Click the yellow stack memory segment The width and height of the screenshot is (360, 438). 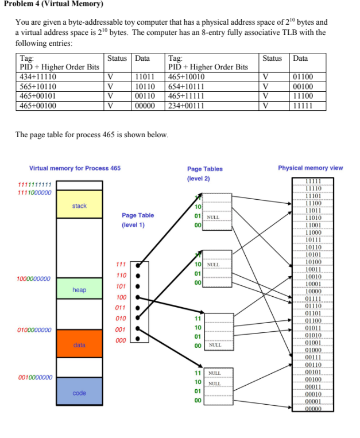pos(79,206)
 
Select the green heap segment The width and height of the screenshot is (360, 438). pos(79,289)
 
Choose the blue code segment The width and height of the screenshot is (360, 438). pos(79,393)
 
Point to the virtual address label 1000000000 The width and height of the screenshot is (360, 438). pos(33,278)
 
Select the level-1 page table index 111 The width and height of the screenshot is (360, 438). pos(121,265)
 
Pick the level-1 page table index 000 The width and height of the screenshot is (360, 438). pos(121,340)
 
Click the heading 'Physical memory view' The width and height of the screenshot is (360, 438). pos(310,168)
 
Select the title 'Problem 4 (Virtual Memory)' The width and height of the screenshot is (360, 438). pos(52,5)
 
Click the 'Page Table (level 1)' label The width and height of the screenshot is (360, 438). pos(138,220)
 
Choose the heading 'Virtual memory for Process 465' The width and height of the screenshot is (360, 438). pos(75,168)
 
